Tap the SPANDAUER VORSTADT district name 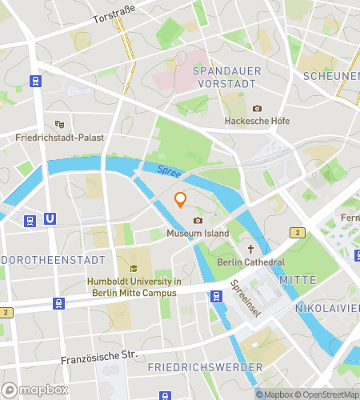tap(224, 77)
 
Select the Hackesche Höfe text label tap(257, 121)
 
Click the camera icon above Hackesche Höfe tap(257, 108)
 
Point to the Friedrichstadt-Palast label tap(60, 138)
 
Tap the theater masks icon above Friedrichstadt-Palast tap(58, 124)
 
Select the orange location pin tap(181, 199)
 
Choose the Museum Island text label tap(198, 234)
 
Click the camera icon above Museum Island tap(198, 220)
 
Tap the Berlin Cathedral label tap(250, 262)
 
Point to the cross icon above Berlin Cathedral tap(250, 249)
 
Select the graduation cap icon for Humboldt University tap(134, 269)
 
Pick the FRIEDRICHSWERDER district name tap(205, 367)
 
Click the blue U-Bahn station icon tap(50, 218)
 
